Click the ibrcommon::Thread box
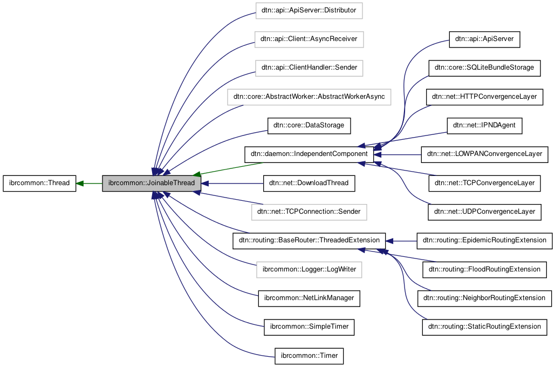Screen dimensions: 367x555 (x=39, y=183)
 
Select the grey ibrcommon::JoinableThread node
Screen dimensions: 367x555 (x=152, y=183)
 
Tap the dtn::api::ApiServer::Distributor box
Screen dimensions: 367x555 (x=309, y=10)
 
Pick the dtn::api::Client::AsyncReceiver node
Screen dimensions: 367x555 (x=309, y=39)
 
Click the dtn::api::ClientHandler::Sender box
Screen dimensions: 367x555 (x=309, y=67)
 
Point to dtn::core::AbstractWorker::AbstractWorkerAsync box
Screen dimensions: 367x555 (x=309, y=97)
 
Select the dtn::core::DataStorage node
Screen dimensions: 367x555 (x=309, y=125)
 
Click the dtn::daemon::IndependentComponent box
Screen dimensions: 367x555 (x=309, y=154)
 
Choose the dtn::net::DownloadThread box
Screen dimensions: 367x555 (x=309, y=183)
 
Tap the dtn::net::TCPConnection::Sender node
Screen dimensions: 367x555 (x=309, y=212)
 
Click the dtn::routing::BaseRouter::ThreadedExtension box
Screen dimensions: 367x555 (x=309, y=240)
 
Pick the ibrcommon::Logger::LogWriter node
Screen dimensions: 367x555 (x=309, y=269)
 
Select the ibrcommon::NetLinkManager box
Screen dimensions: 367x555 (x=309, y=298)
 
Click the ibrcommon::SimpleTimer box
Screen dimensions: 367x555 (x=309, y=327)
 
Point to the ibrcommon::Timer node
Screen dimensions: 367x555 (x=309, y=356)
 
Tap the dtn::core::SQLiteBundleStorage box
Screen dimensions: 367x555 (x=484, y=67)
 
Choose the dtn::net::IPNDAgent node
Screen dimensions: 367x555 (x=484, y=125)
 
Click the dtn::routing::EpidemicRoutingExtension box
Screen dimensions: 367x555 (x=484, y=240)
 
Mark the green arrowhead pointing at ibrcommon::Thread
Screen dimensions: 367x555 (x=80, y=183)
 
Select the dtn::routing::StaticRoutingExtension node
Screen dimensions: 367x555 (x=484, y=327)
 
